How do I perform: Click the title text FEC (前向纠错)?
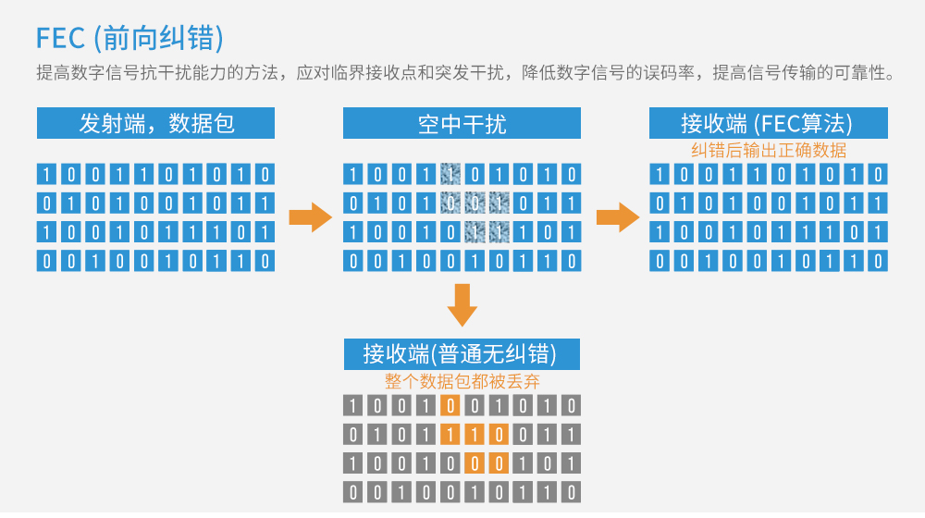[x=130, y=38]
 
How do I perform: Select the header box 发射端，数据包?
[x=155, y=124]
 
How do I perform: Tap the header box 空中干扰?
[x=462, y=124]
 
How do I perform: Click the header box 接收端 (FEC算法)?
[x=768, y=124]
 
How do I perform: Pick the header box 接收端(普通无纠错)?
[x=462, y=353]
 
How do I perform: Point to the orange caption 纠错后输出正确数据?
[x=768, y=150]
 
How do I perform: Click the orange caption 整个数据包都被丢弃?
[x=462, y=380]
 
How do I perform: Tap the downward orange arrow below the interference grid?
[x=462, y=303]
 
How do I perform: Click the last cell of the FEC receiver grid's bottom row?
[x=878, y=262]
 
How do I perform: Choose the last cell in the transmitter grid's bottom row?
[x=265, y=262]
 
